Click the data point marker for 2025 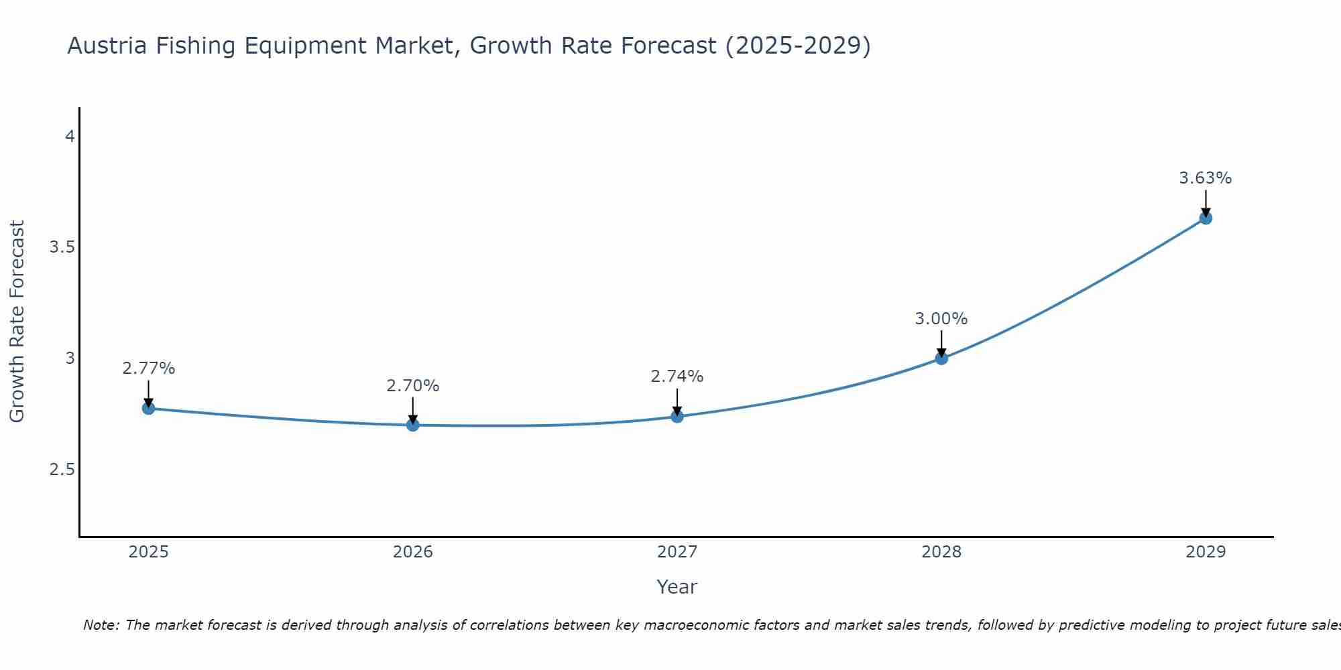point(148,408)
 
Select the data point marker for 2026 point(413,425)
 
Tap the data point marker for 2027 point(677,416)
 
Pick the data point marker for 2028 point(941,358)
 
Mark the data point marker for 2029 point(1206,218)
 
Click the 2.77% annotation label point(149,368)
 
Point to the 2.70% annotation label point(413,386)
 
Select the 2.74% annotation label point(677,377)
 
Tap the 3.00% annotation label point(941,319)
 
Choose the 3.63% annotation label point(1206,178)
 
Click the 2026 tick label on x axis point(413,552)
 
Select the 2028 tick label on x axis point(941,552)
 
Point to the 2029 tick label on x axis point(1206,552)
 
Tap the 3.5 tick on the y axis point(62,247)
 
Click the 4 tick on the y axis point(69,137)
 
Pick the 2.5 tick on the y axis point(62,469)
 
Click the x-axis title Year point(677,587)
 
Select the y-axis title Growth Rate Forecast point(17,322)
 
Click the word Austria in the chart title point(107,46)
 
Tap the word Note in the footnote point(101,625)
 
